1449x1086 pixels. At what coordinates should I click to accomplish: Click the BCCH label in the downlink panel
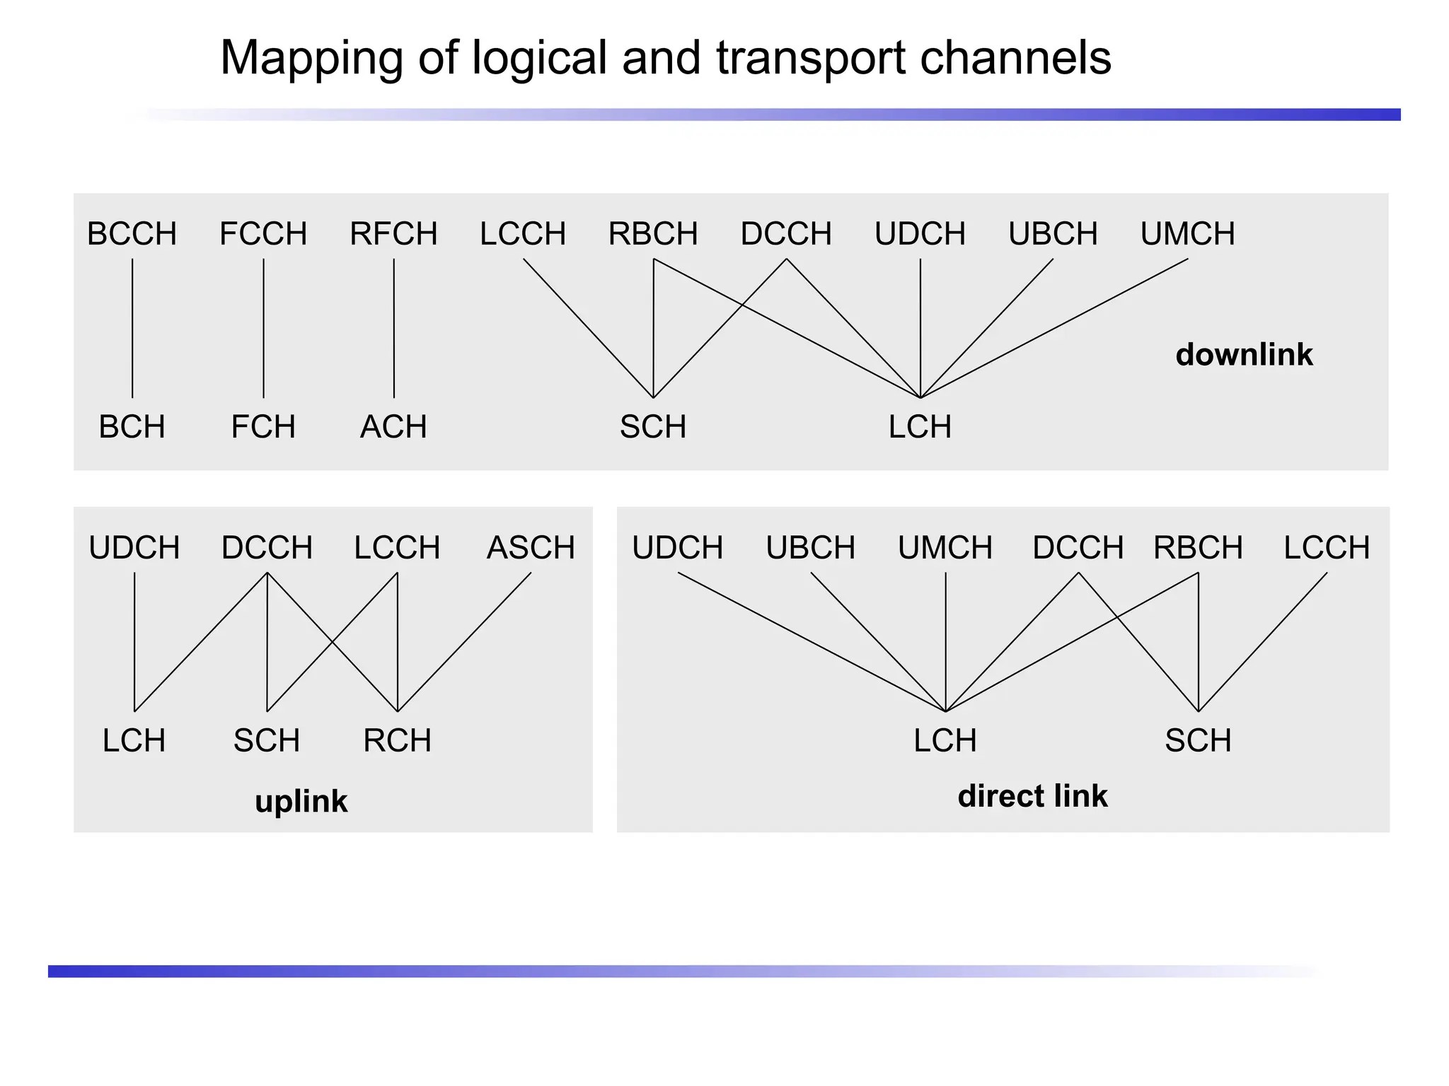coord(132,234)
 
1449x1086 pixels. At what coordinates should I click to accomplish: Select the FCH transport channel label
coord(263,427)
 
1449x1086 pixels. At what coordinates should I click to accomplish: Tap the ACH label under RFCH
coord(393,427)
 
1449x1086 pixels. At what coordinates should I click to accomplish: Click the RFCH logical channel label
coord(393,234)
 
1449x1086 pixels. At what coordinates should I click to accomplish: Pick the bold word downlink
coord(1244,355)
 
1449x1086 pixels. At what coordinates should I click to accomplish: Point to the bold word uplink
coord(301,802)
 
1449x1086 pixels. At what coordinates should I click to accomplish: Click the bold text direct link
coord(1032,796)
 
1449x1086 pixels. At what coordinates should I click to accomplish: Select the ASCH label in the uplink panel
coord(531,548)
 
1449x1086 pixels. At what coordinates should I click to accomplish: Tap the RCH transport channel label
coord(398,741)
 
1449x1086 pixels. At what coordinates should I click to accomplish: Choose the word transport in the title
coord(811,58)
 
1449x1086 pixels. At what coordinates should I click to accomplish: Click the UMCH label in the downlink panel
coord(1187,234)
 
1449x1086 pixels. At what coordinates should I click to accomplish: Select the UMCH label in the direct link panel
coord(945,548)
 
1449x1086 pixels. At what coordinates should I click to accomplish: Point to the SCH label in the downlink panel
coord(653,427)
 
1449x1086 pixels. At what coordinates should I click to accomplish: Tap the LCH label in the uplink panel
coord(134,741)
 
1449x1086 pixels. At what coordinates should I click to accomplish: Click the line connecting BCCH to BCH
coord(132,329)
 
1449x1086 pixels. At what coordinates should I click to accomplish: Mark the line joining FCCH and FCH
coord(264,329)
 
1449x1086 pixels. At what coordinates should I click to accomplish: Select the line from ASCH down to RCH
coord(464,642)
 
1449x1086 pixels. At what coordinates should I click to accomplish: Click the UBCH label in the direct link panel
coord(811,548)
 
